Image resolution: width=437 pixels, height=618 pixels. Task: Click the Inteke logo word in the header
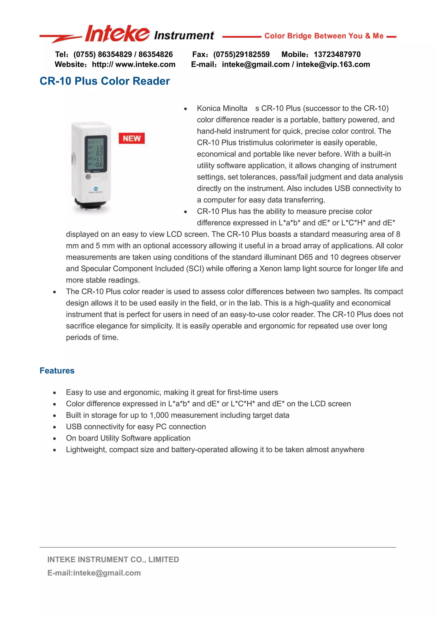pyautogui.click(x=117, y=34)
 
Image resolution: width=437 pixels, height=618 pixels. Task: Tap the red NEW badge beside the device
pyautogui.click(x=132, y=138)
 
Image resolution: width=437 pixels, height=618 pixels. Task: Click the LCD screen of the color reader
pyautogui.click(x=96, y=153)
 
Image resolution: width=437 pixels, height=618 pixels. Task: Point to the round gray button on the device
pyautogui.click(x=88, y=176)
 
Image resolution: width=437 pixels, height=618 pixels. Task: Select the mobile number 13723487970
pyautogui.click(x=337, y=54)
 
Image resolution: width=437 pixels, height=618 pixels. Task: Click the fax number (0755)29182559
pyautogui.click(x=241, y=54)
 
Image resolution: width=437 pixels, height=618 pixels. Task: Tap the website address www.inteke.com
pyautogui.click(x=145, y=64)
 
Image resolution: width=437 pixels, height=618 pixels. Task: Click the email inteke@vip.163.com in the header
pyautogui.click(x=333, y=64)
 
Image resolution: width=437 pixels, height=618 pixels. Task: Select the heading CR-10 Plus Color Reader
pyautogui.click(x=105, y=81)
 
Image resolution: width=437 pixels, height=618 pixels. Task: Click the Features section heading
pyautogui.click(x=57, y=371)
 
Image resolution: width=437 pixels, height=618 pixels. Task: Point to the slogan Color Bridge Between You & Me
pyautogui.click(x=324, y=36)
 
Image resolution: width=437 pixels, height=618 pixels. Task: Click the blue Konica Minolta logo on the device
pyautogui.click(x=96, y=189)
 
